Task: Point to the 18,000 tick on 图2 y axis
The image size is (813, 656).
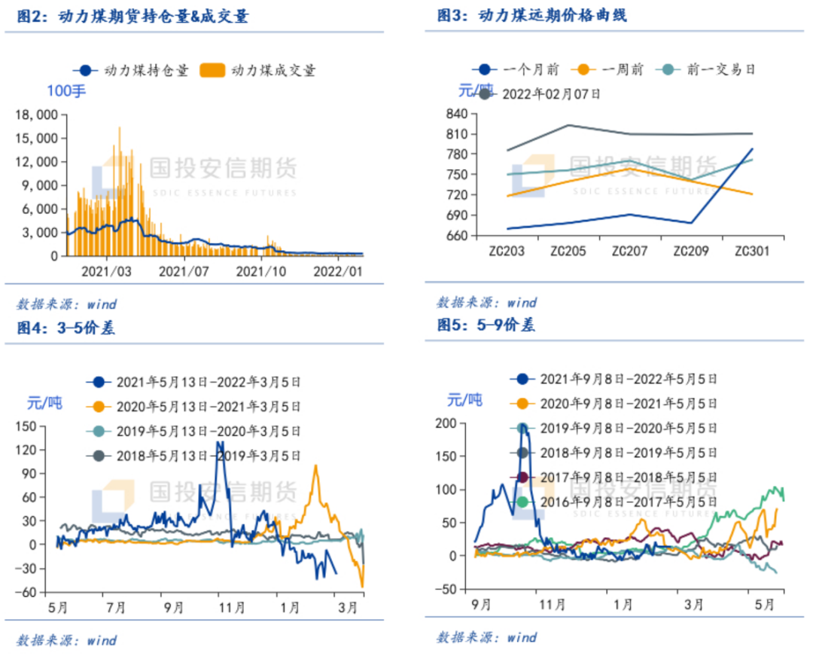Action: pos(38,114)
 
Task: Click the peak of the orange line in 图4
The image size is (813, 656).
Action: pos(315,466)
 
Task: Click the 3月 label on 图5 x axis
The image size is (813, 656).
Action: pos(694,604)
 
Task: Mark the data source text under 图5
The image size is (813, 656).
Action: pos(486,637)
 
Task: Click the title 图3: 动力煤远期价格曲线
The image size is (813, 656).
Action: pos(532,15)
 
